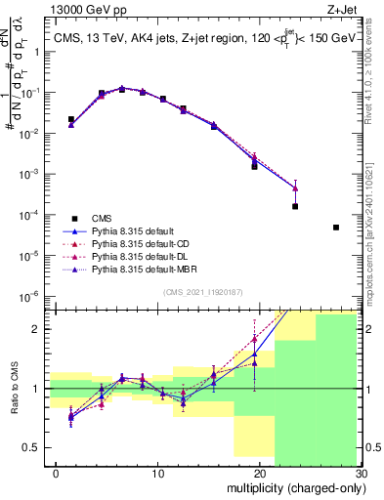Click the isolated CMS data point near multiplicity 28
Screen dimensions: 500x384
(x=335, y=228)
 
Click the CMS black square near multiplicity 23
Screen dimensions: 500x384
(x=295, y=206)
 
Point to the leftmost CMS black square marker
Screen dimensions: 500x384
(x=71, y=119)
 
